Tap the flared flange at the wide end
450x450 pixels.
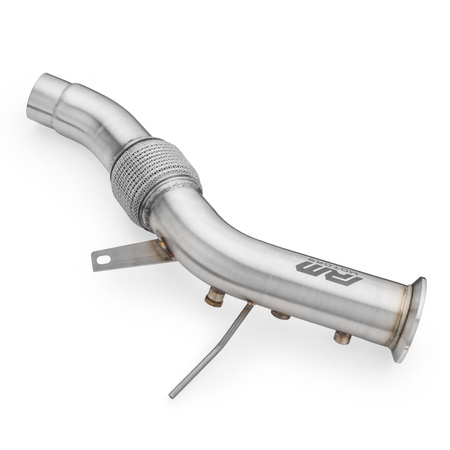[409, 318]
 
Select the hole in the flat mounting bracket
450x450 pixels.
[102, 260]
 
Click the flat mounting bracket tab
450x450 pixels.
[125, 255]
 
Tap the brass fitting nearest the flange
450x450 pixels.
[343, 337]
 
